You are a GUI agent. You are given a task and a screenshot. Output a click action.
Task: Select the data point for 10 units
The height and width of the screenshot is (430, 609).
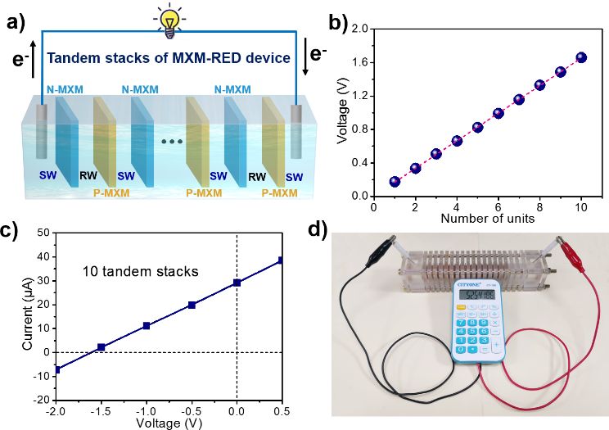coord(581,57)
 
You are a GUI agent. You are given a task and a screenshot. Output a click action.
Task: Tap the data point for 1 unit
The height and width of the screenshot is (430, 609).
coord(395,181)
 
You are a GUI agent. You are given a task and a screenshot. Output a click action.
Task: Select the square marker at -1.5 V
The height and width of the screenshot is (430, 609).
coord(101,347)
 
